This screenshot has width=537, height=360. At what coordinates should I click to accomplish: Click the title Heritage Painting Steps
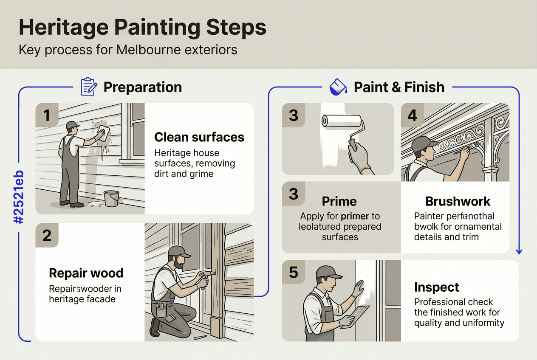pos(142,28)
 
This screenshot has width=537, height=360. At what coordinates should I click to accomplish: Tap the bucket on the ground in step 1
pos(111,198)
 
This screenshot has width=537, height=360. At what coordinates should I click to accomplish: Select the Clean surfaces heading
pos(199,137)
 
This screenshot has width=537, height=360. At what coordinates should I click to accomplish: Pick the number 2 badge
pos(47,235)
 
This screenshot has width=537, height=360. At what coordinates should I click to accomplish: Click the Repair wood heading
pos(86,273)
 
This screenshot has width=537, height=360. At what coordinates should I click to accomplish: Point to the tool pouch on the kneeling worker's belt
pos(161,310)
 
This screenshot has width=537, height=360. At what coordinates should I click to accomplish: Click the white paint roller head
pos(342,121)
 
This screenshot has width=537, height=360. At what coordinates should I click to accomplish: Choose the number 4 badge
pos(412,115)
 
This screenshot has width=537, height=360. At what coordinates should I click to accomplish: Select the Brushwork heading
pos(458,201)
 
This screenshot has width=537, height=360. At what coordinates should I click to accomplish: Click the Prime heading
pos(339,201)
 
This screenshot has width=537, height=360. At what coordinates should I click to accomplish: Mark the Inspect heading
pos(436,287)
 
